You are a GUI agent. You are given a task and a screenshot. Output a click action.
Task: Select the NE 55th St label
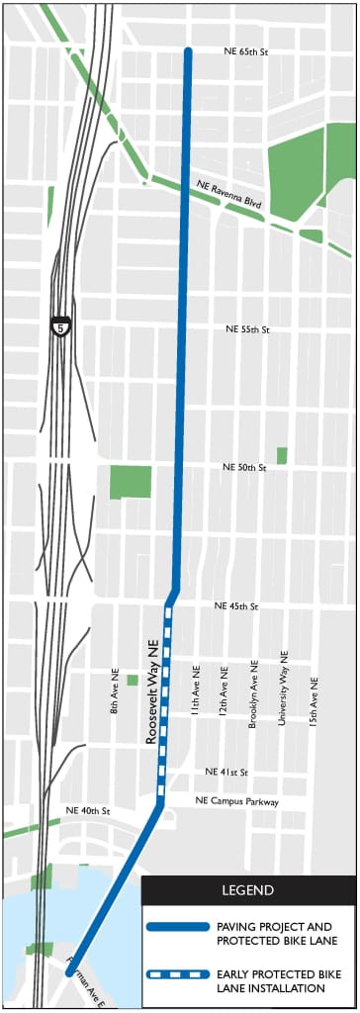point(247,328)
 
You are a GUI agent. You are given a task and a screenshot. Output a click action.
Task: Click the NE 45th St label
point(235,605)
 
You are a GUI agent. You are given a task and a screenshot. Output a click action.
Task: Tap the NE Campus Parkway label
point(237,801)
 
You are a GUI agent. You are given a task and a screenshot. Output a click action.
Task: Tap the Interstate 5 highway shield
point(61,325)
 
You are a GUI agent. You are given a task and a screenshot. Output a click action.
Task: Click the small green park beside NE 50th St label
point(282,455)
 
